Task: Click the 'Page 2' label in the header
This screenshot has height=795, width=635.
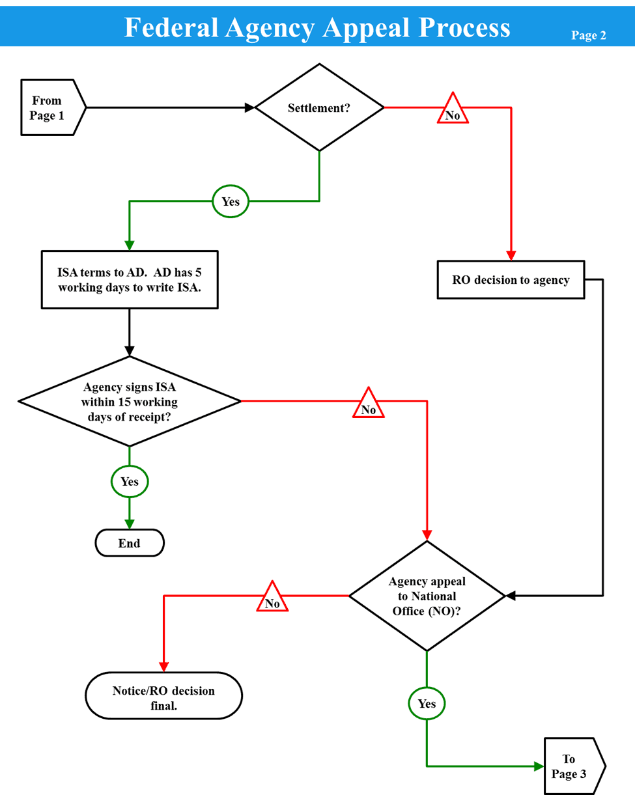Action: click(588, 35)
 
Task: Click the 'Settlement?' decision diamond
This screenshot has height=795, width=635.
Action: click(319, 107)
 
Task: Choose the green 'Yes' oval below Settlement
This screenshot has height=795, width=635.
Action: click(231, 202)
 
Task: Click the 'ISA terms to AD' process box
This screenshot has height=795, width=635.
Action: click(129, 279)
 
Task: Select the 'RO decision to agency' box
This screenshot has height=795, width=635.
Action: click(511, 280)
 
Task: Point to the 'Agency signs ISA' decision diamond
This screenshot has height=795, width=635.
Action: click(130, 401)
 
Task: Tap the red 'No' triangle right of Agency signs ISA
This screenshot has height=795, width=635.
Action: click(369, 405)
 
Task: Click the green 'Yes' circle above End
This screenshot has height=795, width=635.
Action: click(130, 482)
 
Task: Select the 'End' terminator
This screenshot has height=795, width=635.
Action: click(130, 543)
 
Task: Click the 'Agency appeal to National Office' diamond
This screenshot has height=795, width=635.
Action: click(427, 595)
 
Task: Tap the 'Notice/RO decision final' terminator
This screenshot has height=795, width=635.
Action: click(163, 696)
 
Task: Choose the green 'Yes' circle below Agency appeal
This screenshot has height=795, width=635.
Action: click(427, 703)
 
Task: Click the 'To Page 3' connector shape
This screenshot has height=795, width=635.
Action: click(571, 766)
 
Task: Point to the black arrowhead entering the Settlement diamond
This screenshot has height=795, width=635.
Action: click(249, 107)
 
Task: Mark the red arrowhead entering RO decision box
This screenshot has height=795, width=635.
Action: click(511, 255)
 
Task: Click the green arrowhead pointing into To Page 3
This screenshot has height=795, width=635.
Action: click(539, 766)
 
